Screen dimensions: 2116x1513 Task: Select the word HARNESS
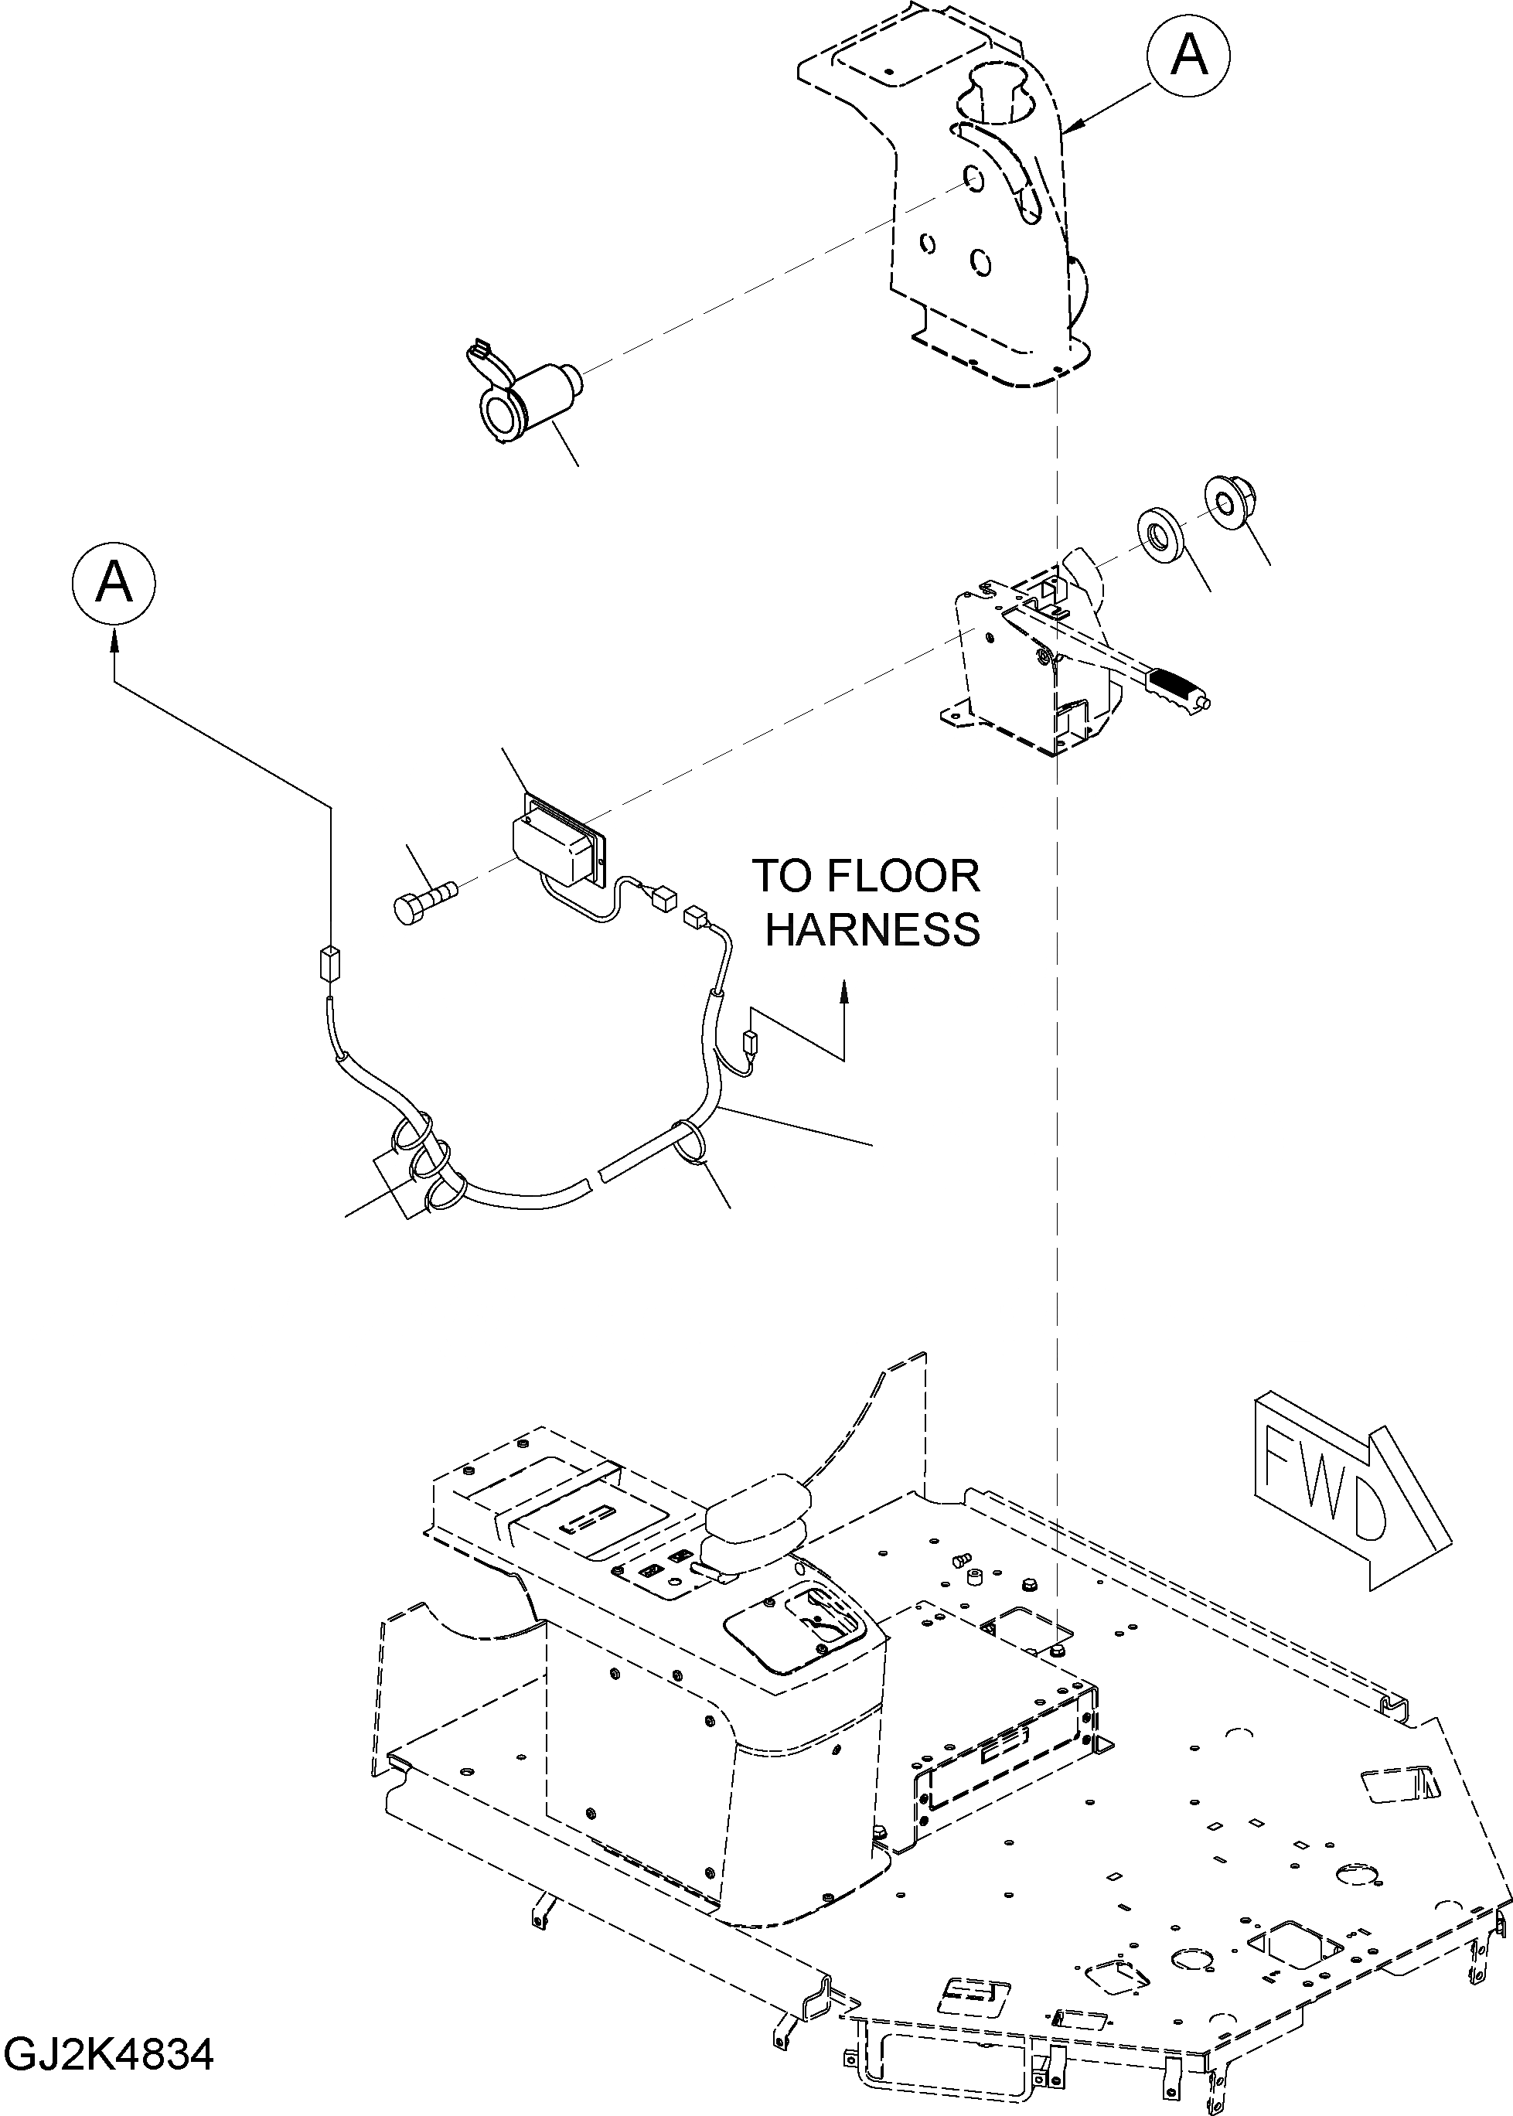[873, 930]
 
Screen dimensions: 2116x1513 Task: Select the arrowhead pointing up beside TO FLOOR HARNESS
[844, 989]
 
